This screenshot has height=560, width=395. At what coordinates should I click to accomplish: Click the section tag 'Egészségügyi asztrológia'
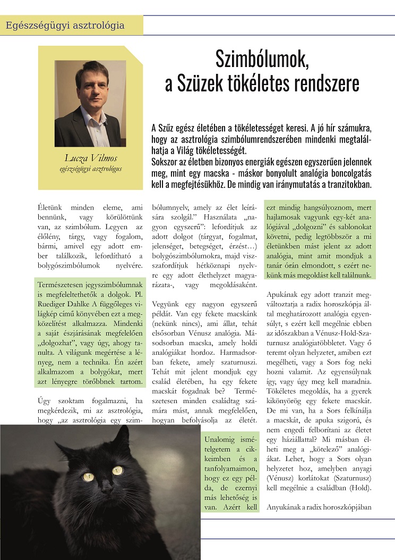[64, 25]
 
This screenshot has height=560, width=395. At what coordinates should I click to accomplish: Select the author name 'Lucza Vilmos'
[90, 158]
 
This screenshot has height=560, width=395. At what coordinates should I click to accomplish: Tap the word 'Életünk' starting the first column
[53, 206]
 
